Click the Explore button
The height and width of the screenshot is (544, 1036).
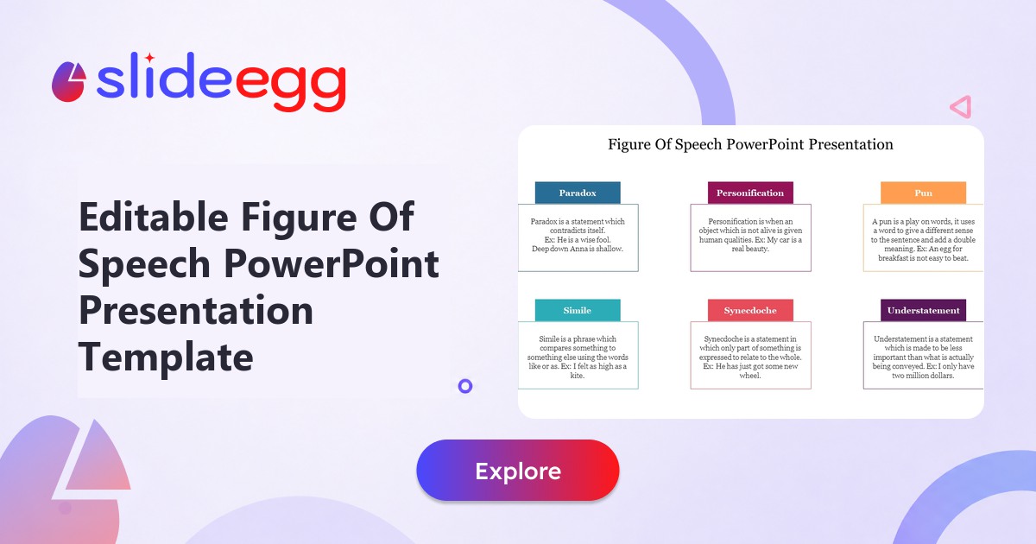[517, 470]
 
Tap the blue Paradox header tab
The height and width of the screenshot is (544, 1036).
[578, 193]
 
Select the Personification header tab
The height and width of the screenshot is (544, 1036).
[750, 193]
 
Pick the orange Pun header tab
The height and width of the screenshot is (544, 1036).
[923, 193]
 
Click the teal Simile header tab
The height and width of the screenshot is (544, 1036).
[578, 310]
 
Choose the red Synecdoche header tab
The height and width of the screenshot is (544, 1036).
[750, 310]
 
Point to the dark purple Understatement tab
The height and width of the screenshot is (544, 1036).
[923, 310]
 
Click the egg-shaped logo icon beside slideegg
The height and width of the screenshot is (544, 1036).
[68, 82]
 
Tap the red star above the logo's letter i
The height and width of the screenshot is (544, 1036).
[149, 58]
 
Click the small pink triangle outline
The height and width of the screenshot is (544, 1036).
[960, 107]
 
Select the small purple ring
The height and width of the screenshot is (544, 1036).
[465, 386]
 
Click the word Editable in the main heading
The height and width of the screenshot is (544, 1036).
[154, 217]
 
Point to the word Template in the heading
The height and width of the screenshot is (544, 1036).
[166, 357]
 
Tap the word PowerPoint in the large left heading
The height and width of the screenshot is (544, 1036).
[332, 263]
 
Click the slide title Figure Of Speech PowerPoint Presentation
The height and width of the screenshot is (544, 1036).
[750, 144]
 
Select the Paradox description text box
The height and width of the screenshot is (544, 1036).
[578, 237]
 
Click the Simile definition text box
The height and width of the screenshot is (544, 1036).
[578, 355]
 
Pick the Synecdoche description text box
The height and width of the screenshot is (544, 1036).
[750, 355]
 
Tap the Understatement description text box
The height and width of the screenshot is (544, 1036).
[923, 355]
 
